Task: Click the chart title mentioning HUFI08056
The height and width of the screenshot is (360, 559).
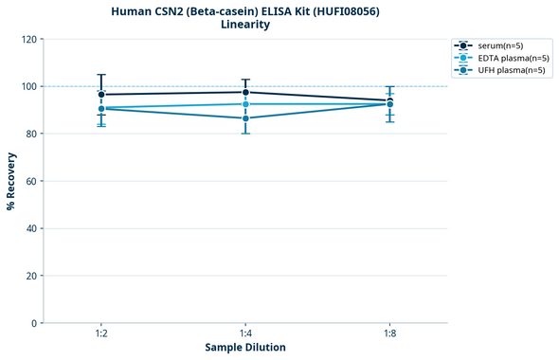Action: click(245, 10)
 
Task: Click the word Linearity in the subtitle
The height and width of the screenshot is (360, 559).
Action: click(245, 25)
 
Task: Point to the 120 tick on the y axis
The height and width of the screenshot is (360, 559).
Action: click(27, 39)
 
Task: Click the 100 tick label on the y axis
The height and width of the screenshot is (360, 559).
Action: click(27, 86)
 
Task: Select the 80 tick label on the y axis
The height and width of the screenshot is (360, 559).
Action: click(30, 134)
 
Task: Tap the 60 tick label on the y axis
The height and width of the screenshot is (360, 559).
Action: click(30, 181)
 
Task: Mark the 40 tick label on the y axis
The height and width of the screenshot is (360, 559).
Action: click(30, 228)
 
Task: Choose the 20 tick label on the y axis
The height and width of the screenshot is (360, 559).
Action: click(30, 276)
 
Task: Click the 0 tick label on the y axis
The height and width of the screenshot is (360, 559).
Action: click(33, 323)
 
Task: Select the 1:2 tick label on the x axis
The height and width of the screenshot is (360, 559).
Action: click(100, 334)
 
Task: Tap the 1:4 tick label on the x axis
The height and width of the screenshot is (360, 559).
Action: click(245, 334)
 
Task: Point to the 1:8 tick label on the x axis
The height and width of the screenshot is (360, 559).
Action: click(389, 334)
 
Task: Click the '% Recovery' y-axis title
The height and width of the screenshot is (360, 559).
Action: click(11, 181)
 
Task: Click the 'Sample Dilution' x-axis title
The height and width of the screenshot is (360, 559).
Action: click(245, 348)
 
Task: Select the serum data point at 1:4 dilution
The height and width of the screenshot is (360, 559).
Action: click(245, 92)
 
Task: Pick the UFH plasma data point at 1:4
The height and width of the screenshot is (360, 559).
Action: click(245, 118)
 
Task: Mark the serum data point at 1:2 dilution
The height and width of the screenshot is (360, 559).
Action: click(101, 95)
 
